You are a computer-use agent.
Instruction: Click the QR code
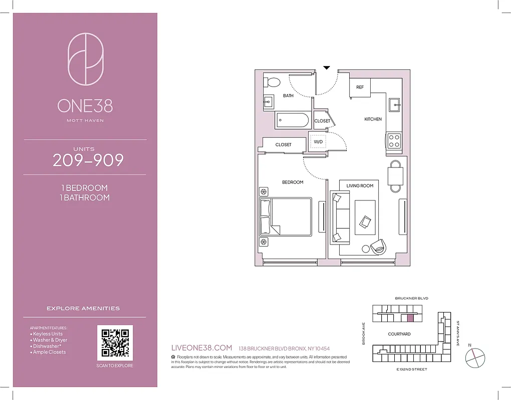click(x=115, y=342)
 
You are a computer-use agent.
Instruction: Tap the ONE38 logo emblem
click(x=85, y=59)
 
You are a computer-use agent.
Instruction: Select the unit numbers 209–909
click(x=88, y=160)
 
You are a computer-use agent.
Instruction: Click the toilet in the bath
click(x=273, y=82)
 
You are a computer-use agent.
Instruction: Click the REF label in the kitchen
click(x=360, y=87)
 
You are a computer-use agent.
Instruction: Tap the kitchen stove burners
click(x=394, y=140)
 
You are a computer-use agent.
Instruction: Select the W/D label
click(x=318, y=141)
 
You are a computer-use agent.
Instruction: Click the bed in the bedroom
click(x=285, y=216)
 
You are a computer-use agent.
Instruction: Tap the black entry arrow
click(x=327, y=67)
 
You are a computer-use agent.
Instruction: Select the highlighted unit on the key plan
click(x=409, y=317)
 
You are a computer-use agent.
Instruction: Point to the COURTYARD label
click(x=399, y=333)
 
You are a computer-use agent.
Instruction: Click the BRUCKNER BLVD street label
click(x=411, y=298)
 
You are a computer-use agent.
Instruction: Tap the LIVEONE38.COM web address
click(x=202, y=347)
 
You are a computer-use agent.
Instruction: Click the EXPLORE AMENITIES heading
click(x=83, y=308)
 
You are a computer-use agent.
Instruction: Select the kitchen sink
click(x=394, y=104)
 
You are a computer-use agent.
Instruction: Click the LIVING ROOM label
click(x=360, y=185)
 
